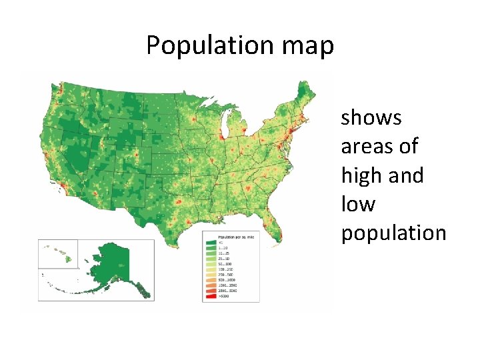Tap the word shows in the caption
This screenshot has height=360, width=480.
(x=371, y=118)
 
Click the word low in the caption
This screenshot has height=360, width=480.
(x=358, y=204)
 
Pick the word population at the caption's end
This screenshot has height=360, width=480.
(x=394, y=233)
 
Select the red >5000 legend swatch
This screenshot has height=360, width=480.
(x=211, y=296)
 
